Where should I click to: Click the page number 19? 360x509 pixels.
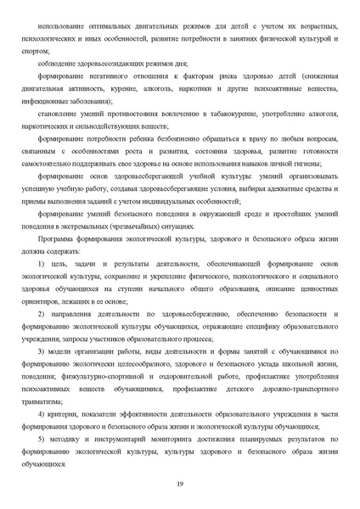point(180,484)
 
